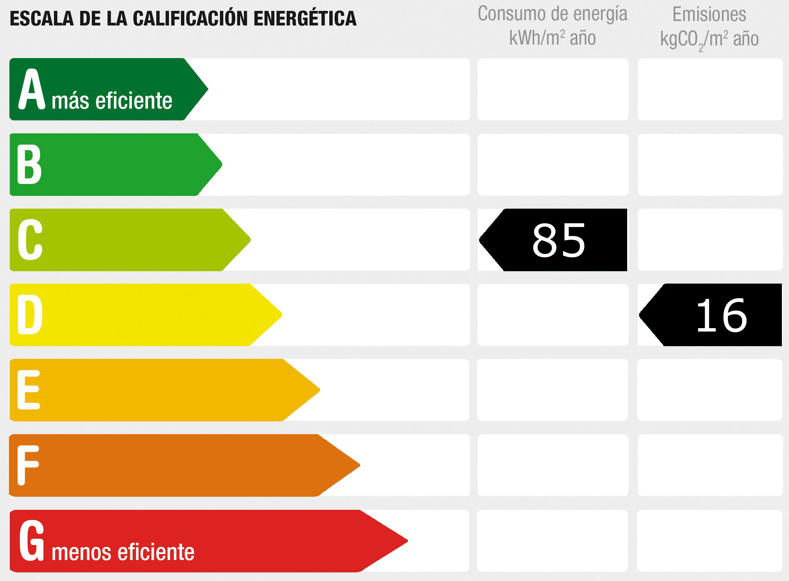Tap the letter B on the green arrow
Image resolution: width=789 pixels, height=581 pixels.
[x=29, y=164]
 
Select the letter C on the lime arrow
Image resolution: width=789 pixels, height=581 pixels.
[x=30, y=240]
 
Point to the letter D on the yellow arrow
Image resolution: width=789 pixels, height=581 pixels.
[x=30, y=315]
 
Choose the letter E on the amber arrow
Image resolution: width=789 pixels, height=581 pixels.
[x=28, y=390]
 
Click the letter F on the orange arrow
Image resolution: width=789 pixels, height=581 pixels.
[x=28, y=465]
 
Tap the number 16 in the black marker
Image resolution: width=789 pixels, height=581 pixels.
[x=721, y=315]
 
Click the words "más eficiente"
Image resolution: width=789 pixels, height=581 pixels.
[x=112, y=101]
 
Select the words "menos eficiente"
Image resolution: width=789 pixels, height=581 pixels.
[x=123, y=552]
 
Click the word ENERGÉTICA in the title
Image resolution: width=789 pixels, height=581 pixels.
[x=305, y=19]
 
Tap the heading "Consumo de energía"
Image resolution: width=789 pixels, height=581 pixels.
[x=552, y=14]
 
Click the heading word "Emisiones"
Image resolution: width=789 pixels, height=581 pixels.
[x=709, y=15]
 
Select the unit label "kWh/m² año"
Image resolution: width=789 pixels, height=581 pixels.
[x=552, y=38]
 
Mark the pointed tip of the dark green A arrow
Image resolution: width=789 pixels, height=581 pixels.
[x=207, y=89]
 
